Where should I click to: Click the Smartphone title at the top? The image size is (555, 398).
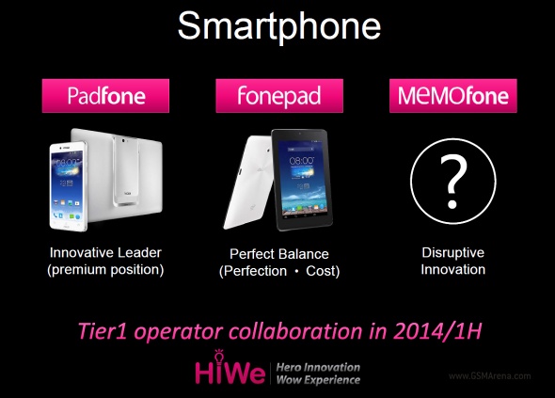tap(279, 26)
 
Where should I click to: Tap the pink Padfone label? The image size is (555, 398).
tap(105, 96)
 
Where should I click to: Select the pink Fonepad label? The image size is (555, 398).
tap(279, 96)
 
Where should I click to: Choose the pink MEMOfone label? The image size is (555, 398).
tap(453, 96)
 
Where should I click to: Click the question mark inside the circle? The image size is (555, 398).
tap(453, 182)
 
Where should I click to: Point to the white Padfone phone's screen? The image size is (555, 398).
tap(67, 186)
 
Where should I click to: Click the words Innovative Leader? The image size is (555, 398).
tap(105, 253)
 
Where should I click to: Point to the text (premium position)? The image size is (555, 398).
tap(105, 270)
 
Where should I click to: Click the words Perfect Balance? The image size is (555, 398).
tap(279, 254)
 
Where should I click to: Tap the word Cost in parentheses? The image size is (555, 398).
tap(323, 271)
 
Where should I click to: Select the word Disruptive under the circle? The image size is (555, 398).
tap(453, 253)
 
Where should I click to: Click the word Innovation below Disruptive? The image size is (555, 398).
tap(453, 270)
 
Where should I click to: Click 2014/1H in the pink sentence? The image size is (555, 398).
tap(437, 331)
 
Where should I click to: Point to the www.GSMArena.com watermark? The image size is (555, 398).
tap(490, 376)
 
